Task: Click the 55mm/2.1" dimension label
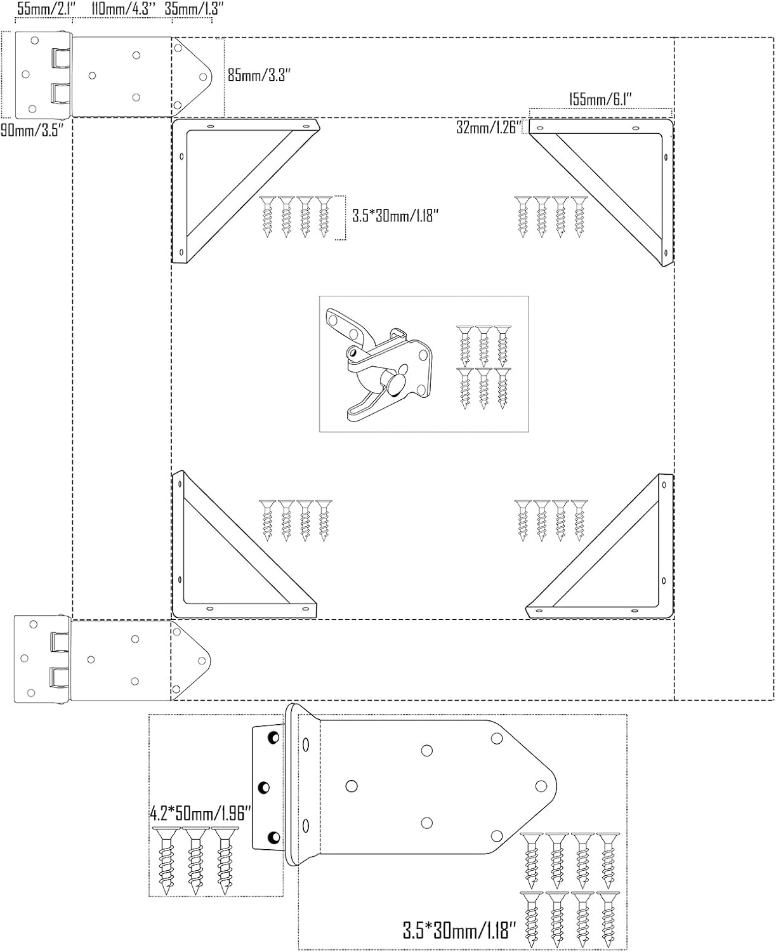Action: click(x=46, y=9)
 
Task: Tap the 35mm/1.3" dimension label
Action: click(x=194, y=9)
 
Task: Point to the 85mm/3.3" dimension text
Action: click(x=259, y=75)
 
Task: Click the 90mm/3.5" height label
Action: click(x=32, y=131)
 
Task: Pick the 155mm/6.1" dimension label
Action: click(x=600, y=100)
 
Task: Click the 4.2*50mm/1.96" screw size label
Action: click(x=201, y=813)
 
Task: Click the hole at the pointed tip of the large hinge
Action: click(x=541, y=786)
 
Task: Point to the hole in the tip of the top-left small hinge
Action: click(x=203, y=77)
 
